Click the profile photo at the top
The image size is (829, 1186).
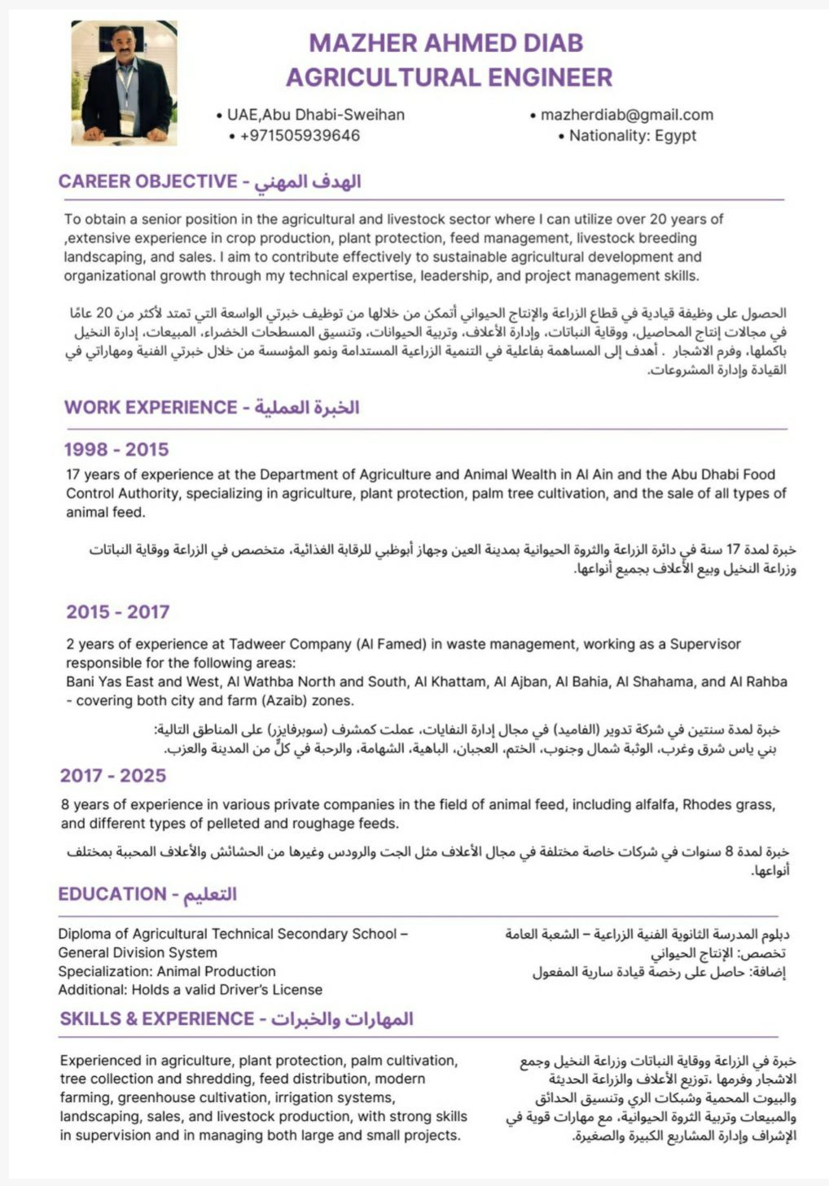click(x=124, y=84)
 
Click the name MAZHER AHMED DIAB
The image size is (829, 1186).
click(x=446, y=42)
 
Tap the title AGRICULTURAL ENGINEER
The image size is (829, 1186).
click(x=449, y=77)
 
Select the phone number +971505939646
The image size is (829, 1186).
click(x=300, y=136)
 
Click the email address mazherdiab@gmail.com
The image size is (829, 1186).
click(x=626, y=115)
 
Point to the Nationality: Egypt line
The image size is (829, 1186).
click(x=633, y=136)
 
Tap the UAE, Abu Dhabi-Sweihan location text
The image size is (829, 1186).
click(x=315, y=115)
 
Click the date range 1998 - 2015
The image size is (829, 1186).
click(x=116, y=449)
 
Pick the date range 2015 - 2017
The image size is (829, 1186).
click(x=118, y=612)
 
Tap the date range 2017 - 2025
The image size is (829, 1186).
click(x=113, y=776)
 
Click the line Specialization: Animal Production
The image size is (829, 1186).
click(x=167, y=971)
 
